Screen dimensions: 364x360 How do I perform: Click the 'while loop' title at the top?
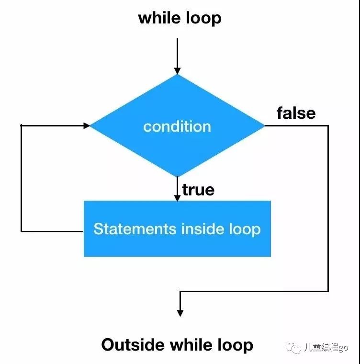tap(180, 18)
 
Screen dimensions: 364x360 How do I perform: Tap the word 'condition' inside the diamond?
tap(177, 126)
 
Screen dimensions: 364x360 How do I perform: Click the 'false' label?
tap(296, 113)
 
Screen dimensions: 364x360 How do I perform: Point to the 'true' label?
tap(198, 190)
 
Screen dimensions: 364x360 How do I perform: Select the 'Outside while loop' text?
tap(177, 345)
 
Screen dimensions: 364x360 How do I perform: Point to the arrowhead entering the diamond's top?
tap(177, 70)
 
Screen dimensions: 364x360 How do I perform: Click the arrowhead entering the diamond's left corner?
tap(87, 125)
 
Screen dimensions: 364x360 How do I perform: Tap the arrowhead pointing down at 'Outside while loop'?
tap(180, 312)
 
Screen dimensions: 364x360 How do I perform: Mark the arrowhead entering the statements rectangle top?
tap(177, 197)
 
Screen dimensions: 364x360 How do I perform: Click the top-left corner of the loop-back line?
tap(22, 125)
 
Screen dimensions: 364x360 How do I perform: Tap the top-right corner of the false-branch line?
tap(328, 125)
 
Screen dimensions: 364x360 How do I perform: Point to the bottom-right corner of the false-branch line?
tap(328, 291)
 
